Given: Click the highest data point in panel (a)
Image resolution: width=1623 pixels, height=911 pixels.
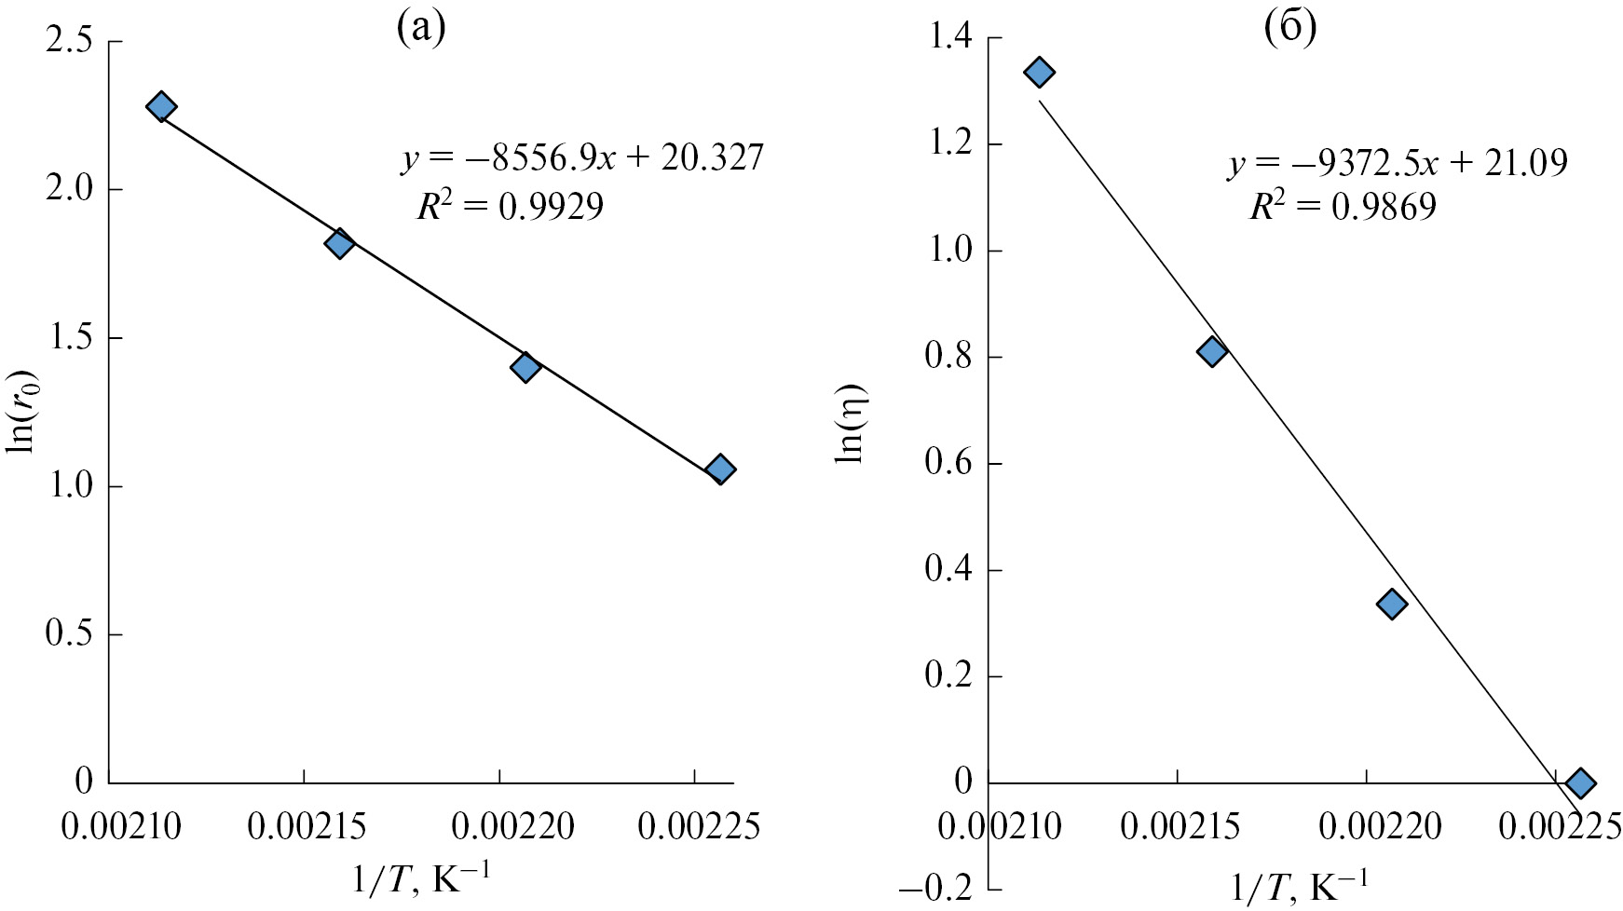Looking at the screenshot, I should [161, 106].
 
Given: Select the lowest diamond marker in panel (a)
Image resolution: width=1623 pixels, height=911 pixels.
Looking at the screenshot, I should [719, 469].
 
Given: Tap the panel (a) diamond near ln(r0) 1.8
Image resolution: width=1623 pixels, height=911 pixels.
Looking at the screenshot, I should [339, 244].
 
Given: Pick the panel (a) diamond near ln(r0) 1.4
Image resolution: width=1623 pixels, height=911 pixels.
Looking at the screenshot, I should [525, 367].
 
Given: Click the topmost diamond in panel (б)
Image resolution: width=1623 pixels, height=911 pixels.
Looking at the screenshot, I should [1040, 72].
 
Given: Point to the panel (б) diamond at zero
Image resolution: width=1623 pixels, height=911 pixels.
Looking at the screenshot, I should [1579, 782].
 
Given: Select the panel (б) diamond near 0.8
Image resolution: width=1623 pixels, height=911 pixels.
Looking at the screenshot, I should [1212, 351].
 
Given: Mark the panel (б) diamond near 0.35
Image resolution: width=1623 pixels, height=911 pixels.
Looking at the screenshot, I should [1392, 604].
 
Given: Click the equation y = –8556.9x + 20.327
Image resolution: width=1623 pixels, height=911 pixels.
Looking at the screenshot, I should [582, 158].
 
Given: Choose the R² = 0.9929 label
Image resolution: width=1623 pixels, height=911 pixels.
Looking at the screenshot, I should [510, 205].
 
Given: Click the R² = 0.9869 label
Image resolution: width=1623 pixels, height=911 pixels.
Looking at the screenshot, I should [1343, 205].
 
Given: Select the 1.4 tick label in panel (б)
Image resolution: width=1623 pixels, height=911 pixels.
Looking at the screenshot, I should [948, 38].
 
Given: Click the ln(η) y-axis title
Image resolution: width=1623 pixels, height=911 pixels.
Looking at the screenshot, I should [851, 423].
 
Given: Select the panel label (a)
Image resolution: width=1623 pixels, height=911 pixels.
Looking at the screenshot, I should [421, 28].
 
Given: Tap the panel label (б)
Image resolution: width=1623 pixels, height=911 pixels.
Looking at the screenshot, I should [1289, 28].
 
